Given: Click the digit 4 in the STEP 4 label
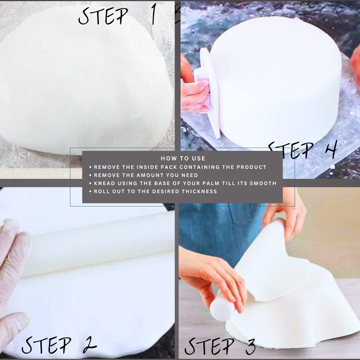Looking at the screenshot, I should (330, 150).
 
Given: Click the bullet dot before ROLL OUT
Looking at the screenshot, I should (91, 191).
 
